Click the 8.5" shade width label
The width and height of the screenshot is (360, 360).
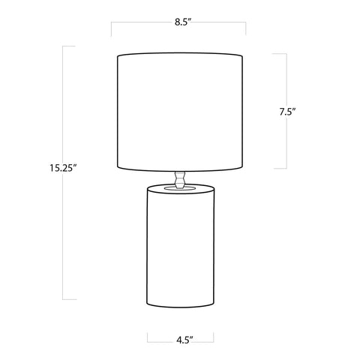click(183, 22)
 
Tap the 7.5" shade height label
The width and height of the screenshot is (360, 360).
click(287, 112)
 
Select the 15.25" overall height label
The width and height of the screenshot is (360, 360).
click(62, 168)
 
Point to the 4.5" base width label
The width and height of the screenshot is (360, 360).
click(184, 340)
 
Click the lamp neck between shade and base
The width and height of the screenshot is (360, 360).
click(180, 179)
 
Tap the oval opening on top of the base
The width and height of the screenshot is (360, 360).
click(180, 188)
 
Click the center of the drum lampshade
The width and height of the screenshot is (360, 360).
click(180, 112)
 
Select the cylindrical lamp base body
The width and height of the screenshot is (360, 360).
click(180, 246)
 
